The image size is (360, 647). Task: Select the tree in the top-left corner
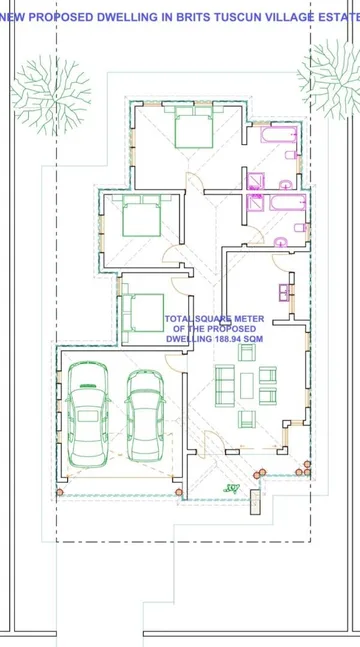50,96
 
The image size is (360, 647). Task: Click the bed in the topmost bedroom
194,127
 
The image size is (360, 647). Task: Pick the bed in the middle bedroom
142,215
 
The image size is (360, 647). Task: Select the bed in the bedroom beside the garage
142,312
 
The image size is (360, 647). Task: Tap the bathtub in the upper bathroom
279,135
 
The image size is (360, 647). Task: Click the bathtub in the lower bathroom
288,202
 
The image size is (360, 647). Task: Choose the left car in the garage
88,414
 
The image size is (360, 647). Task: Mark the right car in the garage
145,416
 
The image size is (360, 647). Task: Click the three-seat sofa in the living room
225,385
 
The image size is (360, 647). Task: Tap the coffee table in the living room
247,386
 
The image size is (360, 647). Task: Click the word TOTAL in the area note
179,319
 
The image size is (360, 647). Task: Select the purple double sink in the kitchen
284,293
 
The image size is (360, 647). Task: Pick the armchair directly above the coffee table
247,352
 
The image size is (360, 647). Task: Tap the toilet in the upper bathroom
291,155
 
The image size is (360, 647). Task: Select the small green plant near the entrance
232,489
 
